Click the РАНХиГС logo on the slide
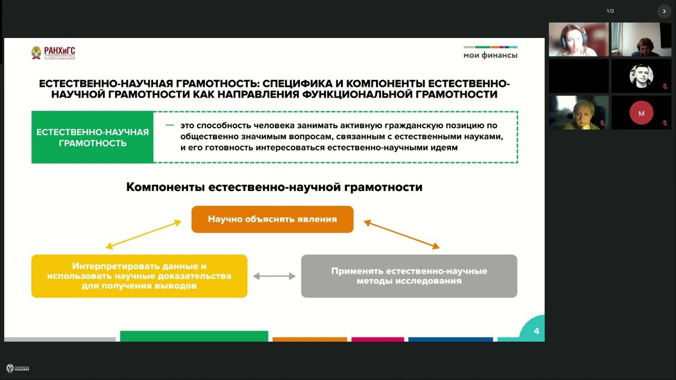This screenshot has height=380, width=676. coord(53,53)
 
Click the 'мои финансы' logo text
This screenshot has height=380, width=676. coord(490,55)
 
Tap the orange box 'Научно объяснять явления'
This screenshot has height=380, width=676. coord(272,219)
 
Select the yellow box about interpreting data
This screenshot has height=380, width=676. coord(139,276)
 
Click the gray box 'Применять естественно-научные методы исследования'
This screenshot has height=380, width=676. coord(409,276)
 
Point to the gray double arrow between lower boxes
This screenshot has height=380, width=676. coord(274,276)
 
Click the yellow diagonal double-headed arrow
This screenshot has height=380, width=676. coord(143,234)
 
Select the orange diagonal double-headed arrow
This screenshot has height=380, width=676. coord(401,234)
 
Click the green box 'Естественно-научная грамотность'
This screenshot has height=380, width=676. coord(92,137)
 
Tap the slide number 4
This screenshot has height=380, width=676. coord(536,331)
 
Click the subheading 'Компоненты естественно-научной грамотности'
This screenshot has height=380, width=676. coord(274,187)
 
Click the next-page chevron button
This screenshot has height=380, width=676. coord(664,11)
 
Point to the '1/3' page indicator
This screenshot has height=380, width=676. coord(610,11)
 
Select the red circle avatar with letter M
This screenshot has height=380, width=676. coord(641,113)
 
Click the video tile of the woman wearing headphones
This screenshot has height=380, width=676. coord(578,40)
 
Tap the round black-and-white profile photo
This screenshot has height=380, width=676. coord(641,76)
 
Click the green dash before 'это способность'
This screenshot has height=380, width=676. coord(170,126)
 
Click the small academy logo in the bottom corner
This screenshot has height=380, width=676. coord(17,368)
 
